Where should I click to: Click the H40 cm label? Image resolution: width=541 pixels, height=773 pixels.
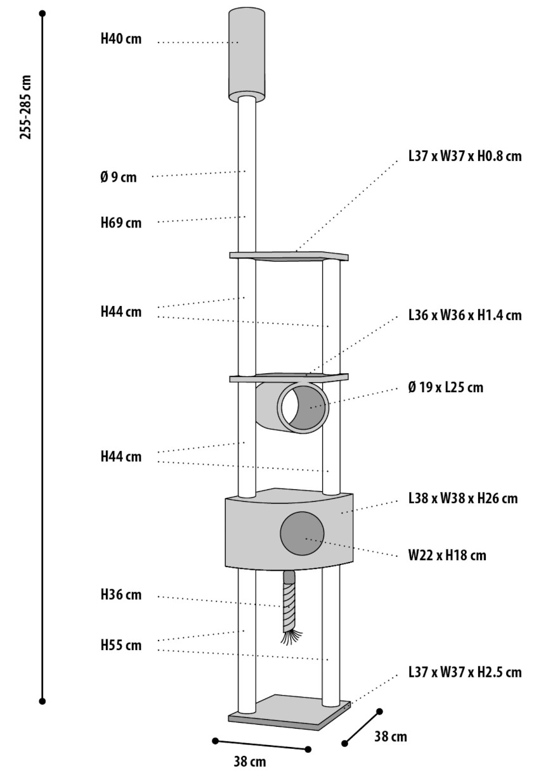121,39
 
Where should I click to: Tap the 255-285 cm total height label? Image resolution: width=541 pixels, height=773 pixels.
26,106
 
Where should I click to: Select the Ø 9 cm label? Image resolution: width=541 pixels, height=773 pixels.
118,177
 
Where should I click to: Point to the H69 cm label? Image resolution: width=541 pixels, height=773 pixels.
121,223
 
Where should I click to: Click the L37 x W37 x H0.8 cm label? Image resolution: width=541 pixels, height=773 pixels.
465,157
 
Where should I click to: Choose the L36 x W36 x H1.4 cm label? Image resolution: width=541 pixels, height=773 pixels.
465,316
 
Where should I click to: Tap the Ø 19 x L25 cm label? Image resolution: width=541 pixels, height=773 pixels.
446,387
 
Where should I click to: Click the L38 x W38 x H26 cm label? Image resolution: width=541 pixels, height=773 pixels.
463,499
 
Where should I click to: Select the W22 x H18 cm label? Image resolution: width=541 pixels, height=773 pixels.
447,556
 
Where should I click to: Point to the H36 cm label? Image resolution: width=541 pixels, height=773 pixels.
121,595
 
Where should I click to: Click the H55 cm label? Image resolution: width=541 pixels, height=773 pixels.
121,646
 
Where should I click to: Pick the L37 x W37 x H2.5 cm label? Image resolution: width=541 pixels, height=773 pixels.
465,672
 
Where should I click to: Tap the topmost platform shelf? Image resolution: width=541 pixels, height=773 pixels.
289,255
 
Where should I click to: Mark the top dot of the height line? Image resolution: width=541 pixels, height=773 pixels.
42,13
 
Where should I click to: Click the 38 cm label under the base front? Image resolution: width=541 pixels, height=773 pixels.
249,762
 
